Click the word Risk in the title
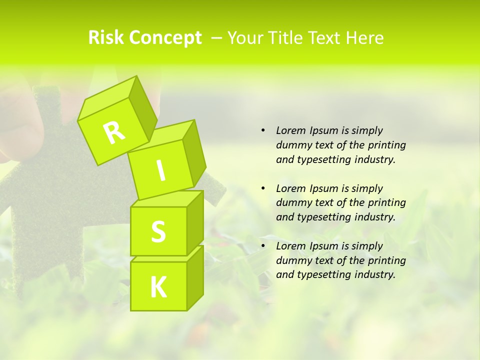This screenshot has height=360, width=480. click(105, 38)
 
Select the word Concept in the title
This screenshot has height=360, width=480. click(165, 38)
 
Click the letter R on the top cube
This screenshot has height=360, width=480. click(114, 132)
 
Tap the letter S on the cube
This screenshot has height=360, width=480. click(158, 231)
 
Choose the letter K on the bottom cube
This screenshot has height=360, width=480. click(158, 287)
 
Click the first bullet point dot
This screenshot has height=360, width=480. click(263, 130)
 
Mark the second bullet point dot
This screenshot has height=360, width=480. click(263, 188)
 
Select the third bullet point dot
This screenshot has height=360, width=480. click(263, 246)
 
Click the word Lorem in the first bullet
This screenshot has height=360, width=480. click(290, 130)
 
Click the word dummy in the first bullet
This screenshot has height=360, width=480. click(293, 145)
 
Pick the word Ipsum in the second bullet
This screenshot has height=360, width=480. click(324, 188)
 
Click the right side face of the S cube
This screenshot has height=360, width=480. click(195, 222)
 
